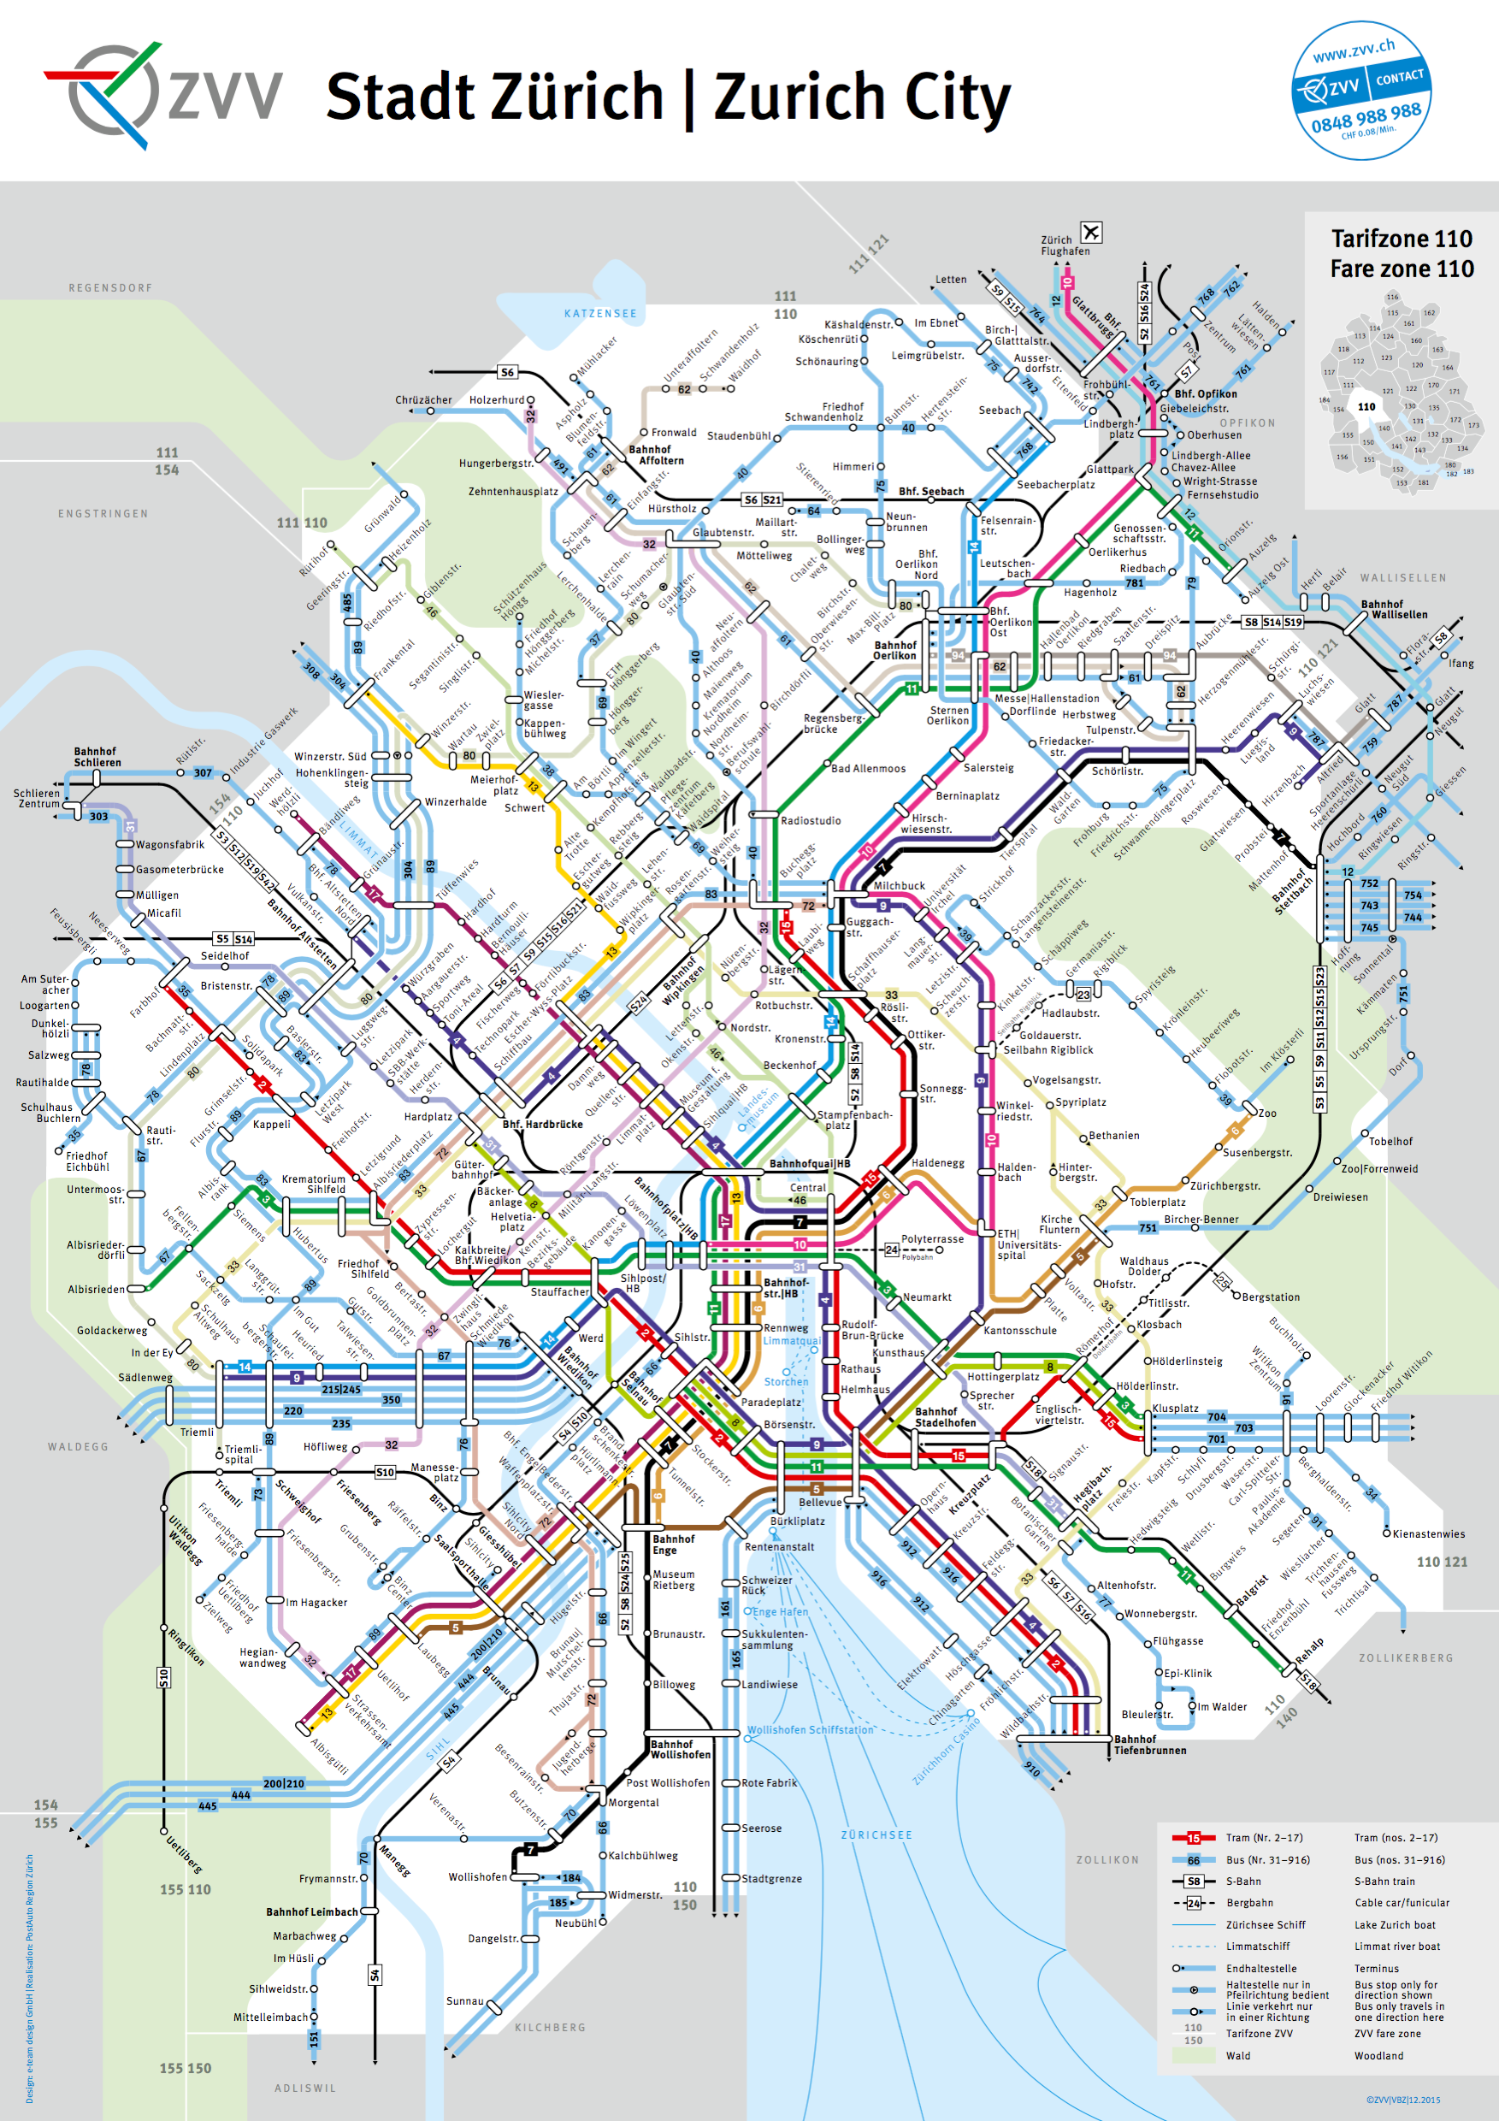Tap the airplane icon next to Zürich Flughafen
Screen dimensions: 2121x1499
1091,232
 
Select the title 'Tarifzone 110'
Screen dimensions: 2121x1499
1402,239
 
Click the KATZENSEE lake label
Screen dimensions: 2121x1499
600,314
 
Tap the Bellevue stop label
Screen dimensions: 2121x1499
819,1502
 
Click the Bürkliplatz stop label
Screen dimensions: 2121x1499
798,1521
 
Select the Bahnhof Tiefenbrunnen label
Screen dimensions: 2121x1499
1149,1744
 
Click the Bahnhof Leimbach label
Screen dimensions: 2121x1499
311,1912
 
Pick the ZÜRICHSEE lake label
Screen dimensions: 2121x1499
876,1834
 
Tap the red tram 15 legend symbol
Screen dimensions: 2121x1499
1192,1837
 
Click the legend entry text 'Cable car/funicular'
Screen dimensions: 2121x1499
1402,1902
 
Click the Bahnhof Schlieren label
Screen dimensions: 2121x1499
97,757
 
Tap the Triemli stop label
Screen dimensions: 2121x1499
197,1432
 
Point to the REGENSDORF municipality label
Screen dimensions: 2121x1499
110,288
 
